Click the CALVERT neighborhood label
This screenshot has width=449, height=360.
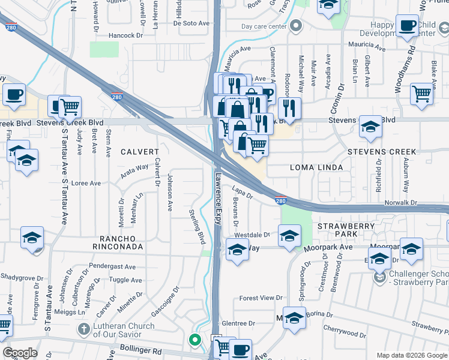tap(139, 152)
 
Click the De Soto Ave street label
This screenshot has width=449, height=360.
tap(191, 23)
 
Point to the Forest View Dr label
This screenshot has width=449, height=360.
tap(261, 298)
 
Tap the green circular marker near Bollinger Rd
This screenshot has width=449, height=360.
tap(194, 340)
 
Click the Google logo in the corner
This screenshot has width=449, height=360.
tap(20, 353)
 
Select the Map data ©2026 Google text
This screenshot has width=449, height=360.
tap(411, 355)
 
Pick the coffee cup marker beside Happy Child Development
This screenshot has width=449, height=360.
tap(408, 26)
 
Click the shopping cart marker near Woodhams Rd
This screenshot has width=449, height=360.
tap(422, 93)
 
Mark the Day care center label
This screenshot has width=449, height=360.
tap(264, 26)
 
